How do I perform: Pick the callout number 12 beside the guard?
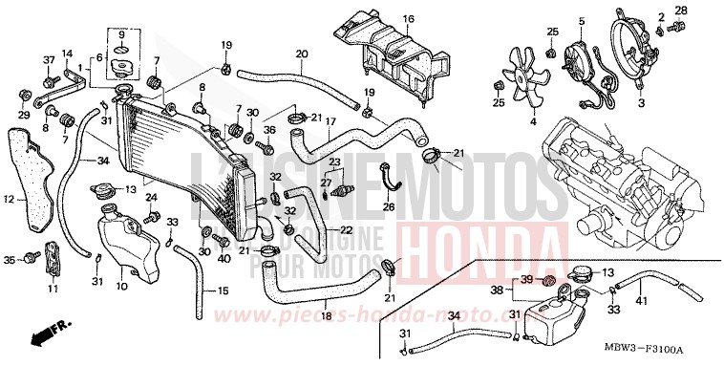pyautogui.click(x=8, y=200)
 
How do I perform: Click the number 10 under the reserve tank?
pyautogui.click(x=121, y=286)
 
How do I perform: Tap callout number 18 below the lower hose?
pyautogui.click(x=326, y=313)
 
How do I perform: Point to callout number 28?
pyautogui.click(x=681, y=11)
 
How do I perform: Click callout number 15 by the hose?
pyautogui.click(x=223, y=291)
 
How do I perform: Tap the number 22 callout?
pyautogui.click(x=347, y=230)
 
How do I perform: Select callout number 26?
pyautogui.click(x=389, y=206)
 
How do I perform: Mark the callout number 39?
pyautogui.click(x=525, y=279)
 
